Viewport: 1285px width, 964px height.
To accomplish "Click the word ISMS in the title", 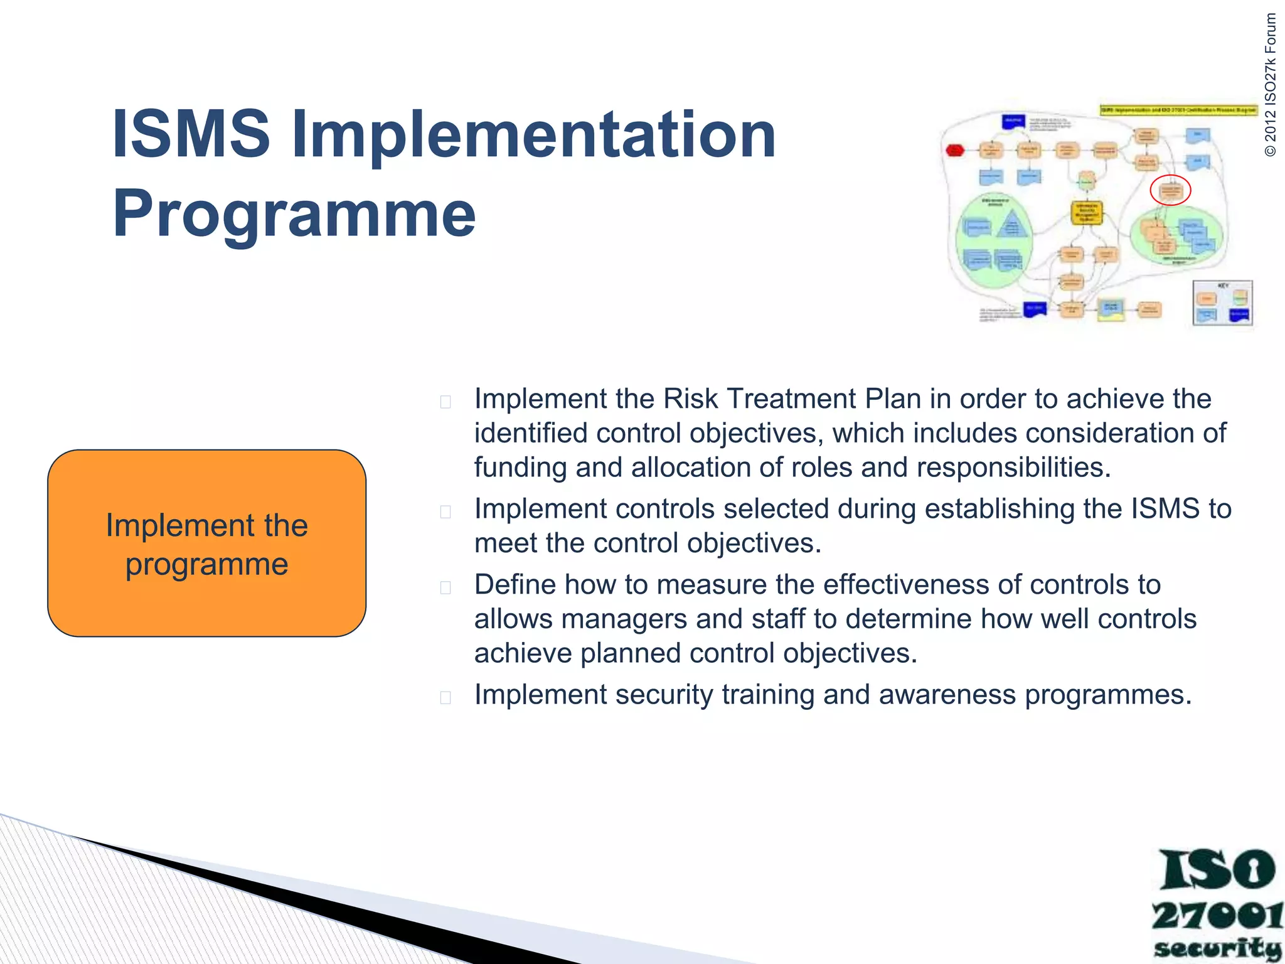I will [191, 134].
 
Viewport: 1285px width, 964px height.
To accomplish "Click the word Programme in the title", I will [294, 213].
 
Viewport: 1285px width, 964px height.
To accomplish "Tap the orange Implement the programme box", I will [206, 544].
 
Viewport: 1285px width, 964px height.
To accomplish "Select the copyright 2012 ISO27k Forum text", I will [1271, 85].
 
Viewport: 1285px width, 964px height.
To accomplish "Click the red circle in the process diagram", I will [1170, 190].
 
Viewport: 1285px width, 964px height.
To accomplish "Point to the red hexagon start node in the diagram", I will [955, 150].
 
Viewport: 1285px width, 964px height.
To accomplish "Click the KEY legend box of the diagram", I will [1222, 304].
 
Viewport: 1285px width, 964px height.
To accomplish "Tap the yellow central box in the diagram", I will [1086, 212].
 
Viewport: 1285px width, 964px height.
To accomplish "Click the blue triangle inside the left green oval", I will [1011, 224].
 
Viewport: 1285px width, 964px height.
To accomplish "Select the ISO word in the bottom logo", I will [1217, 870].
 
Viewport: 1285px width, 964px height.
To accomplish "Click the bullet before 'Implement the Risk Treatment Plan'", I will [445, 402].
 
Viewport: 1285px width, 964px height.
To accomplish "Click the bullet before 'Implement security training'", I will [445, 697].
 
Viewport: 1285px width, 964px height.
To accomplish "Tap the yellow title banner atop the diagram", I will [1178, 110].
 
